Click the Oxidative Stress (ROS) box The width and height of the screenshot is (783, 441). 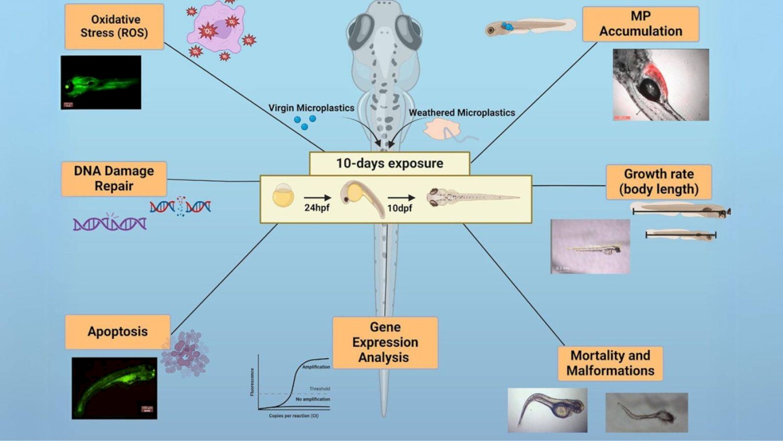[x=114, y=26]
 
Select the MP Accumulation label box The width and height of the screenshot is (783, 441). [x=640, y=24]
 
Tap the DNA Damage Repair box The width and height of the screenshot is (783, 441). [x=114, y=179]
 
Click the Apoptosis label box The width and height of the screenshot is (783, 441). [x=117, y=331]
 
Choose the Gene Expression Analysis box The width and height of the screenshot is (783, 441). [x=385, y=342]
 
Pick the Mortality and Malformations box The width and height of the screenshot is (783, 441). [x=610, y=363]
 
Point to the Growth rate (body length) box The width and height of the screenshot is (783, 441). [x=659, y=182]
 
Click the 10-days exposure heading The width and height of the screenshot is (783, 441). [x=389, y=163]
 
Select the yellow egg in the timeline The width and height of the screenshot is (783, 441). [x=282, y=198]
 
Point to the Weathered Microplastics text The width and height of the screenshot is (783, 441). [x=461, y=112]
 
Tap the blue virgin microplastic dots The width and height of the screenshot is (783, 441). [x=305, y=121]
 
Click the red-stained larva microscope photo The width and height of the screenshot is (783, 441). [x=661, y=85]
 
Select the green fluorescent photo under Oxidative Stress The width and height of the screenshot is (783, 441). [x=101, y=82]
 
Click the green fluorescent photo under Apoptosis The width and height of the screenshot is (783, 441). [x=114, y=388]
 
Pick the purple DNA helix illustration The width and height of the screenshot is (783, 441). [x=110, y=224]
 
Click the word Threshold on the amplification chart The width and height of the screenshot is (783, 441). [x=319, y=388]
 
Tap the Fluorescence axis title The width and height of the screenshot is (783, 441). [x=252, y=382]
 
